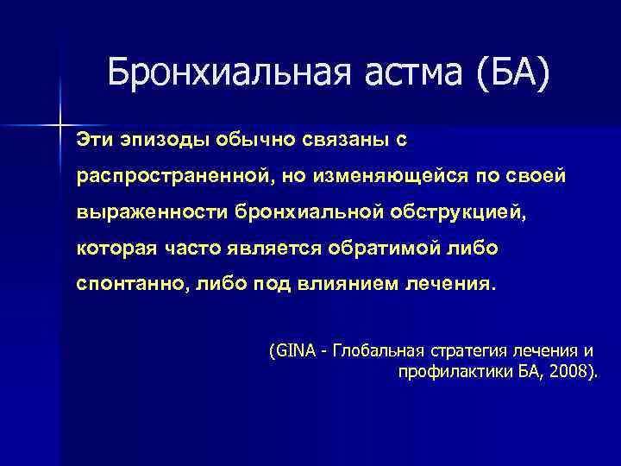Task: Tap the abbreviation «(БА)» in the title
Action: [511, 72]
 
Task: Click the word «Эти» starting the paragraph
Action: [95, 139]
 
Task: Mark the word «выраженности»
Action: [142, 212]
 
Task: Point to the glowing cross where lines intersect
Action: [61, 126]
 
